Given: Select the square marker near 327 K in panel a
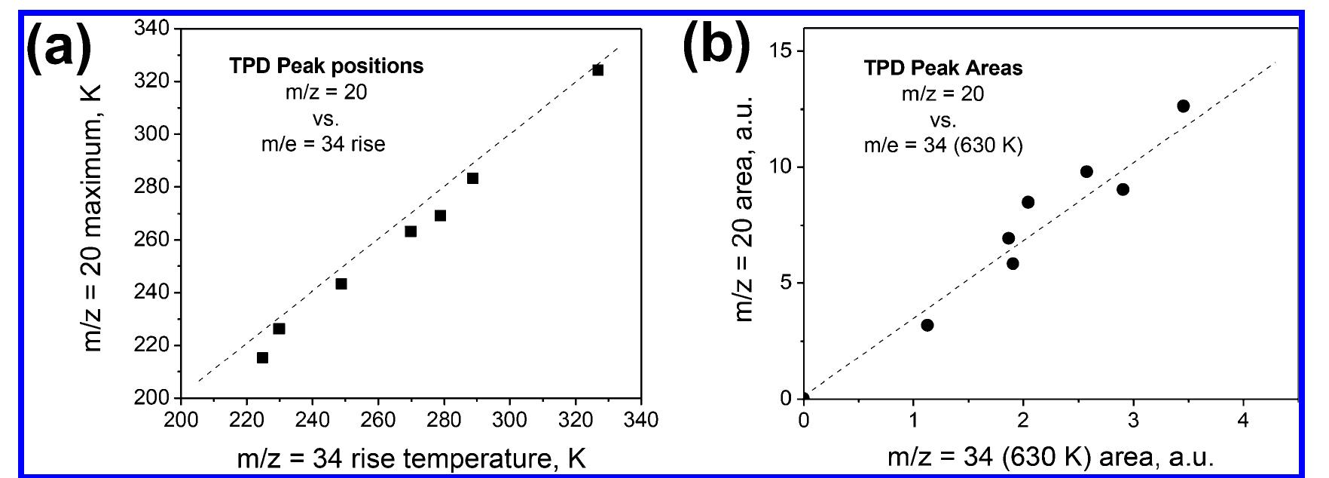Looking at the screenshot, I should [x=597, y=70].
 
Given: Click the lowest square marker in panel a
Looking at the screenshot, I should [x=262, y=357].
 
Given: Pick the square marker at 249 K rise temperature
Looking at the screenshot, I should [x=341, y=284].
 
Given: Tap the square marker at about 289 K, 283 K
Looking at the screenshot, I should [x=472, y=179].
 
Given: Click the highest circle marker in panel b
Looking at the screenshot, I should [x=1183, y=106].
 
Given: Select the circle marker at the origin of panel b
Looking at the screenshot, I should [x=804, y=398].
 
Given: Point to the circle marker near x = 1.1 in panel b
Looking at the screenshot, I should [x=927, y=325].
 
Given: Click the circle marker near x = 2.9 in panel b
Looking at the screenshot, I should [x=1123, y=189].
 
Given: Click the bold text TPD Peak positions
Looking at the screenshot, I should [x=326, y=66].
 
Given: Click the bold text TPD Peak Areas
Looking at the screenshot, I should [x=943, y=68].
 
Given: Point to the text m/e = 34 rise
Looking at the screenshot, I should [x=323, y=144].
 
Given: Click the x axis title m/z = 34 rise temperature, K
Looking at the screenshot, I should [x=411, y=458].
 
